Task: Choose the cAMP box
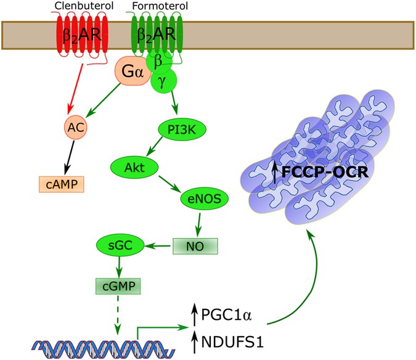click(x=59, y=184)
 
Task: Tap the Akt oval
click(x=131, y=166)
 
